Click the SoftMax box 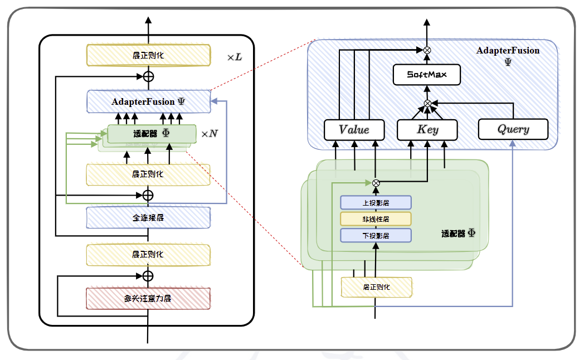point(427,75)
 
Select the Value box point(354,129)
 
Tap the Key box point(427,129)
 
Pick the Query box point(513,129)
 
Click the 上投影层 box point(376,202)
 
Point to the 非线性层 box point(376,218)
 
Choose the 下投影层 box point(376,235)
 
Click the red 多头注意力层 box point(148,298)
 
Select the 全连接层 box point(148,218)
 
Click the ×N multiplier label point(210,134)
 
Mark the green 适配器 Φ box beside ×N point(152,134)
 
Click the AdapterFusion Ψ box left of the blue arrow point(148,101)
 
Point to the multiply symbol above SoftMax point(427,50)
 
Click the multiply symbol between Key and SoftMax point(427,103)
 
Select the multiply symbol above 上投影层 point(376,182)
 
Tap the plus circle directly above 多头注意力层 point(148,276)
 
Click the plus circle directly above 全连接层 point(148,195)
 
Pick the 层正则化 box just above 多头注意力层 point(148,254)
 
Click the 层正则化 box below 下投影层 point(376,286)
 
